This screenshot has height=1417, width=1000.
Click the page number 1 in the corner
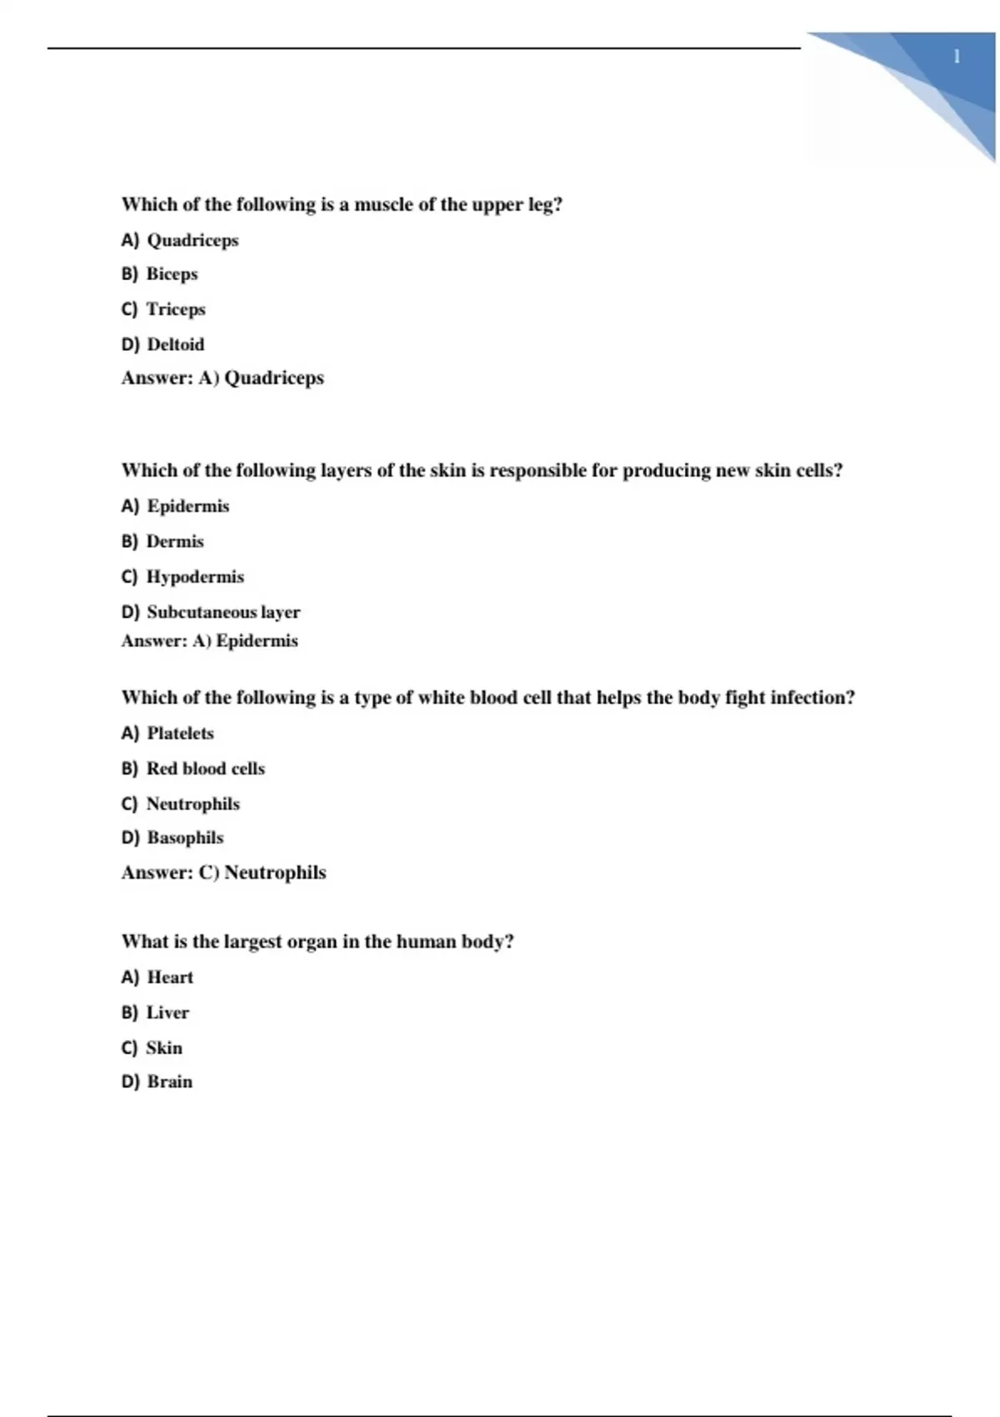pos(957,57)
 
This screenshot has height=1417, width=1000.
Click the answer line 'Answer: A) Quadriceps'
pos(222,378)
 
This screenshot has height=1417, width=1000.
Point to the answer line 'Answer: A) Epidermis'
pos(209,641)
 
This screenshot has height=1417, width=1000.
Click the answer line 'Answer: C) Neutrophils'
pos(223,873)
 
